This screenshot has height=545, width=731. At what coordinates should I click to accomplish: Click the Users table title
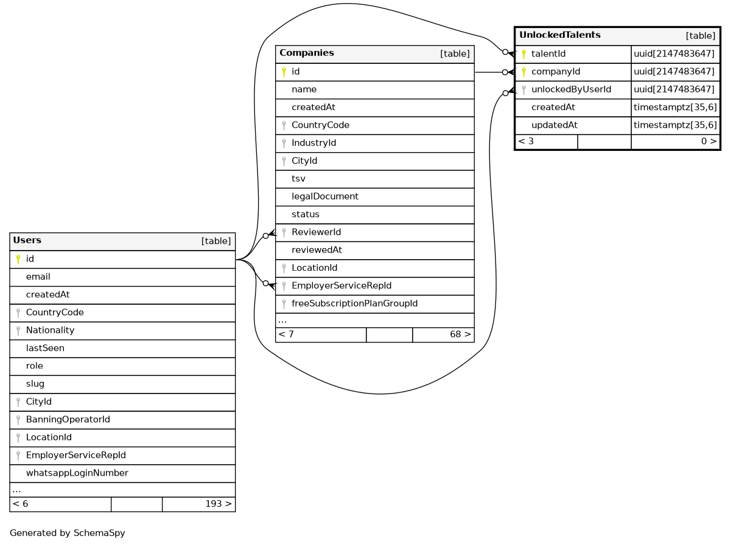[27, 240]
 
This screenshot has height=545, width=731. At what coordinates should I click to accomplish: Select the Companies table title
[307, 53]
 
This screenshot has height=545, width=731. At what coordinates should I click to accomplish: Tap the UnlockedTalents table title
[559, 35]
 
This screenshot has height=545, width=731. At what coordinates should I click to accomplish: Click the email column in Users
[38, 277]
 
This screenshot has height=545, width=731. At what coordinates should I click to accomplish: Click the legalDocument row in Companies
[325, 196]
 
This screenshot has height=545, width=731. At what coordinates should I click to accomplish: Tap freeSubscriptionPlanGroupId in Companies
[354, 304]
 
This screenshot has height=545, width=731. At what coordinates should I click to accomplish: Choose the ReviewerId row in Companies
[316, 232]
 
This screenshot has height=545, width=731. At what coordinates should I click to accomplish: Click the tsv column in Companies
[298, 179]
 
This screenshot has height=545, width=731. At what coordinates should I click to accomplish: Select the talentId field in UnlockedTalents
[548, 54]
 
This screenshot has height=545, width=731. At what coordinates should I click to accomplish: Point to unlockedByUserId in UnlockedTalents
[571, 90]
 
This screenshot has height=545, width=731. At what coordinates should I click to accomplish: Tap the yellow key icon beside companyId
[523, 72]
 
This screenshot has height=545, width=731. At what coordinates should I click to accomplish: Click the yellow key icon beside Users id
[18, 259]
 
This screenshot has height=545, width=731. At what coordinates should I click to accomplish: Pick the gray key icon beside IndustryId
[284, 144]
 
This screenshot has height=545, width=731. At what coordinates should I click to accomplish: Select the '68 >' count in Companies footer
[460, 335]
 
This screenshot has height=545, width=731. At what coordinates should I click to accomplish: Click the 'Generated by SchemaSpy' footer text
[68, 533]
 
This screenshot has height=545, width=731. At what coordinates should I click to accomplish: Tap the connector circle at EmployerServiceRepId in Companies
[265, 283]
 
